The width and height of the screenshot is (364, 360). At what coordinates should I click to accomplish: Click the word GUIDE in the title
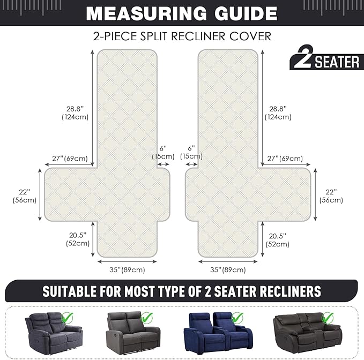tap(246, 13)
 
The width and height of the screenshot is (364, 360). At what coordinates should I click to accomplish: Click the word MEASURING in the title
tap(146, 13)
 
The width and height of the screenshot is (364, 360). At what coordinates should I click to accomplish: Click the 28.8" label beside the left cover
tap(75, 109)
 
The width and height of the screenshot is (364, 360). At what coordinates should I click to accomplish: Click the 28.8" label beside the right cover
tap(278, 109)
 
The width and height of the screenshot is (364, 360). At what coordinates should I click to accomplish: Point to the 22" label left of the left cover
tap(25, 192)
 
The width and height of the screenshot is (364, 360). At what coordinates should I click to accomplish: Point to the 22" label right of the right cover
tap(331, 192)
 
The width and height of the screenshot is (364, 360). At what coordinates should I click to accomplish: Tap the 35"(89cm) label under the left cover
tap(127, 270)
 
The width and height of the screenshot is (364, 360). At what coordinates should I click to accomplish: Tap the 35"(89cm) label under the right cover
tap(228, 270)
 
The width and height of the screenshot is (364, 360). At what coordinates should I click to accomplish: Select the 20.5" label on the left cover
tap(78, 235)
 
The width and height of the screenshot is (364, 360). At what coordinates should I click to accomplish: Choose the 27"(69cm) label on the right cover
tap(285, 159)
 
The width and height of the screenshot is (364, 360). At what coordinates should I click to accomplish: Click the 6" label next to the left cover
tap(163, 148)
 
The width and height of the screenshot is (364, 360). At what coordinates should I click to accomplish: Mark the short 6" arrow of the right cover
tap(192, 164)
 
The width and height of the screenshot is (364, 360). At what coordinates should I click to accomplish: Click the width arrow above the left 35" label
tap(127, 261)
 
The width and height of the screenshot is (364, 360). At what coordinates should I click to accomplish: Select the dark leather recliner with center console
tap(308, 332)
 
